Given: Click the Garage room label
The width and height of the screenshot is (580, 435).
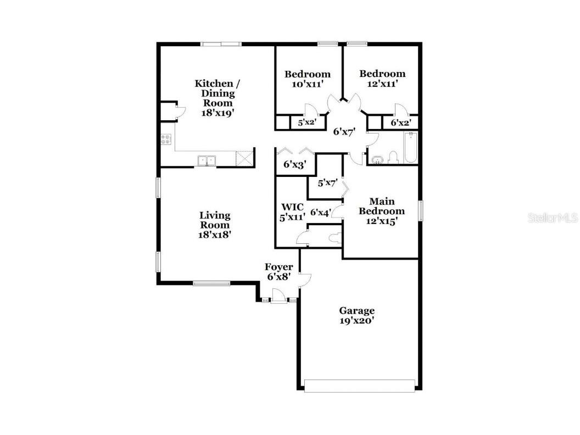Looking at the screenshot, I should coord(356,311).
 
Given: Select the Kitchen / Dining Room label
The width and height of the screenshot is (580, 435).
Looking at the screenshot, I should coord(217,93).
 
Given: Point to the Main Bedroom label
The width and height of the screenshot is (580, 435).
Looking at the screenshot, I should coord(381,206).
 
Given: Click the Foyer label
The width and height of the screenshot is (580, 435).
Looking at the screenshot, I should coord(279,267).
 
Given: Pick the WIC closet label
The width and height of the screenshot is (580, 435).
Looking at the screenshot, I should coord(292,207).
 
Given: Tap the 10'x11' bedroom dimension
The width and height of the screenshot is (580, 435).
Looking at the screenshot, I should coord(307,84).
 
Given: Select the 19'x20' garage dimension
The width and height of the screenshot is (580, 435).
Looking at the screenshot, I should coord(356,321).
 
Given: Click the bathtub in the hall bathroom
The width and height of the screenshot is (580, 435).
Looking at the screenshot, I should coord(411,148).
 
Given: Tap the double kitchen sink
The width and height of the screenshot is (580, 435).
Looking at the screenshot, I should coord(207,160).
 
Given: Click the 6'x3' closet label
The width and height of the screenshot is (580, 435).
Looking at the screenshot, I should coord(294,164).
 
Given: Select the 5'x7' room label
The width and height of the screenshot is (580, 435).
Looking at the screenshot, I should coord(327,182).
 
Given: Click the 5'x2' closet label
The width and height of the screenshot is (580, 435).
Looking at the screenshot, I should coord(306,122).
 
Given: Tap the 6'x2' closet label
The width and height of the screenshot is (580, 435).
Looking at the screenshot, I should coord(400,123).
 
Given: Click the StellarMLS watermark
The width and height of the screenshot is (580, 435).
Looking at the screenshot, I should coord(553,218).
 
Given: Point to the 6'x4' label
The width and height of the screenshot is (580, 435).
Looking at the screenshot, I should coord(321,212).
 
